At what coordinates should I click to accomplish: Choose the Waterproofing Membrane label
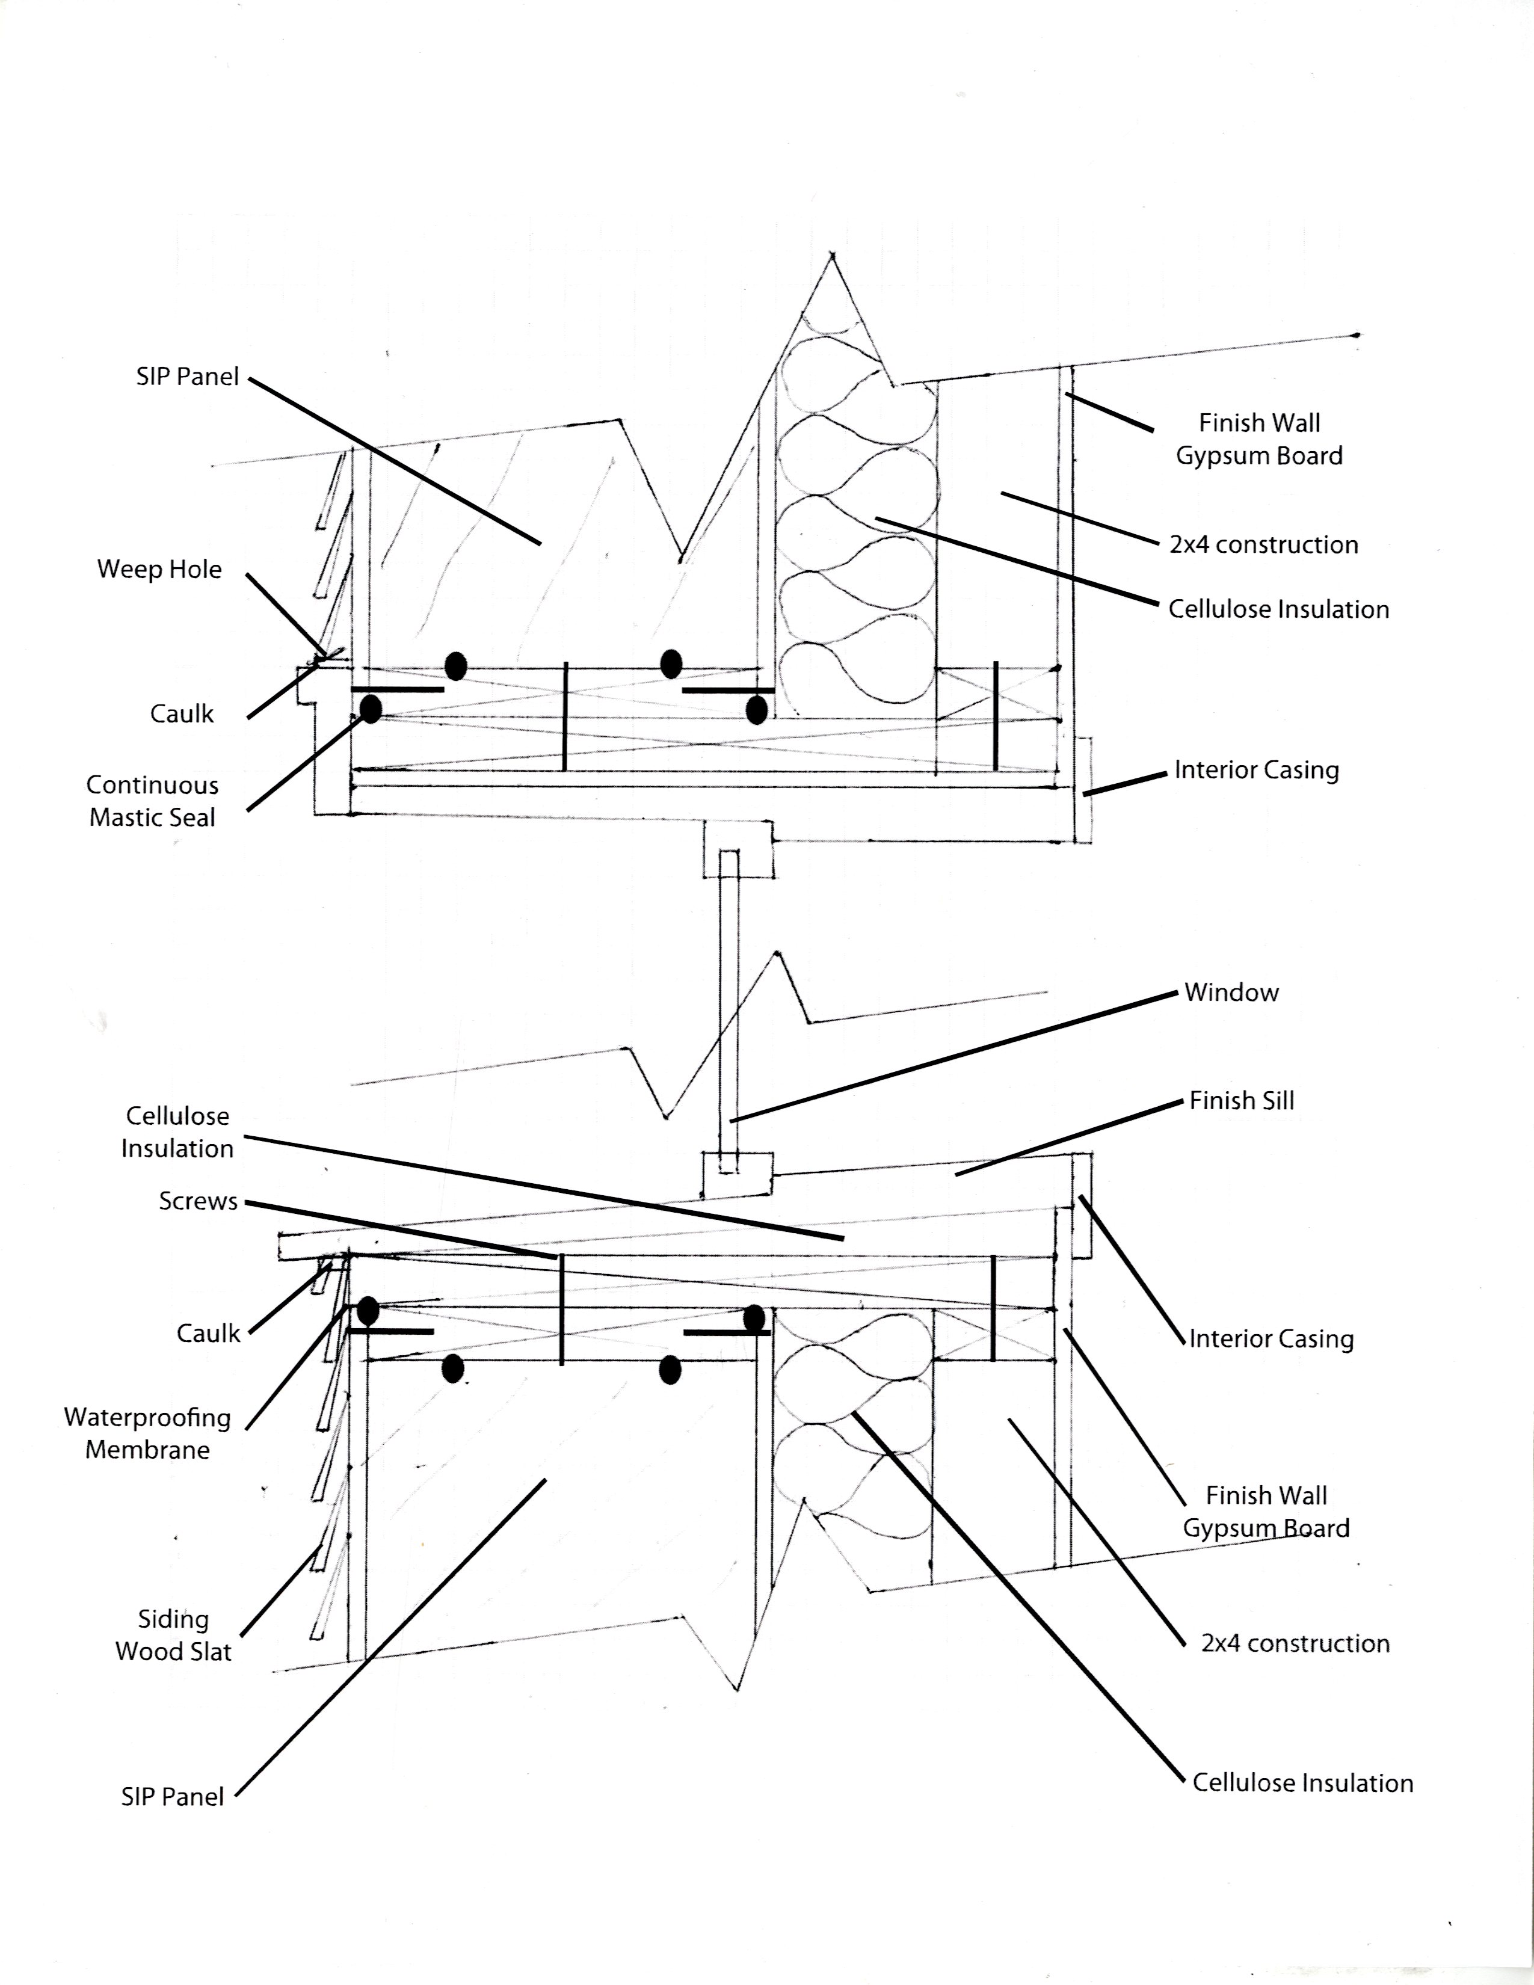147,1433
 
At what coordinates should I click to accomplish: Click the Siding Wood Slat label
173,1635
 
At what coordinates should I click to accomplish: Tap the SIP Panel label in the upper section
187,377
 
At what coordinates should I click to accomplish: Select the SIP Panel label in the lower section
172,1797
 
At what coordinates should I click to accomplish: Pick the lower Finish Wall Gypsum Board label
1265,1512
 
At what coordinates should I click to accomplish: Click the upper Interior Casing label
1256,770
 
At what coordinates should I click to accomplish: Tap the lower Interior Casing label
1271,1339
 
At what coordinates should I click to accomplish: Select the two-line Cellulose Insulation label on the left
177,1133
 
